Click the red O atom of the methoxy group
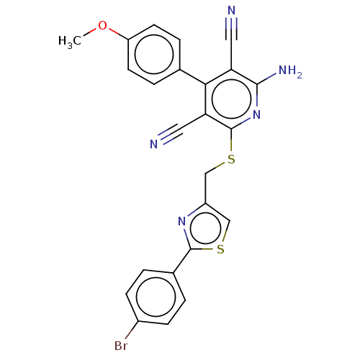(103, 27)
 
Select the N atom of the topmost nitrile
(231, 11)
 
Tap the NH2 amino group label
(289, 71)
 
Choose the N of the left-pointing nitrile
(153, 144)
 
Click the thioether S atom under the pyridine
(231, 158)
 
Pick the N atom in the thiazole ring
(183, 232)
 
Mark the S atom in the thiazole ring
(220, 250)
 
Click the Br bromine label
(121, 346)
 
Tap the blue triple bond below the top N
(231, 24)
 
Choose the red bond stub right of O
(113, 30)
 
